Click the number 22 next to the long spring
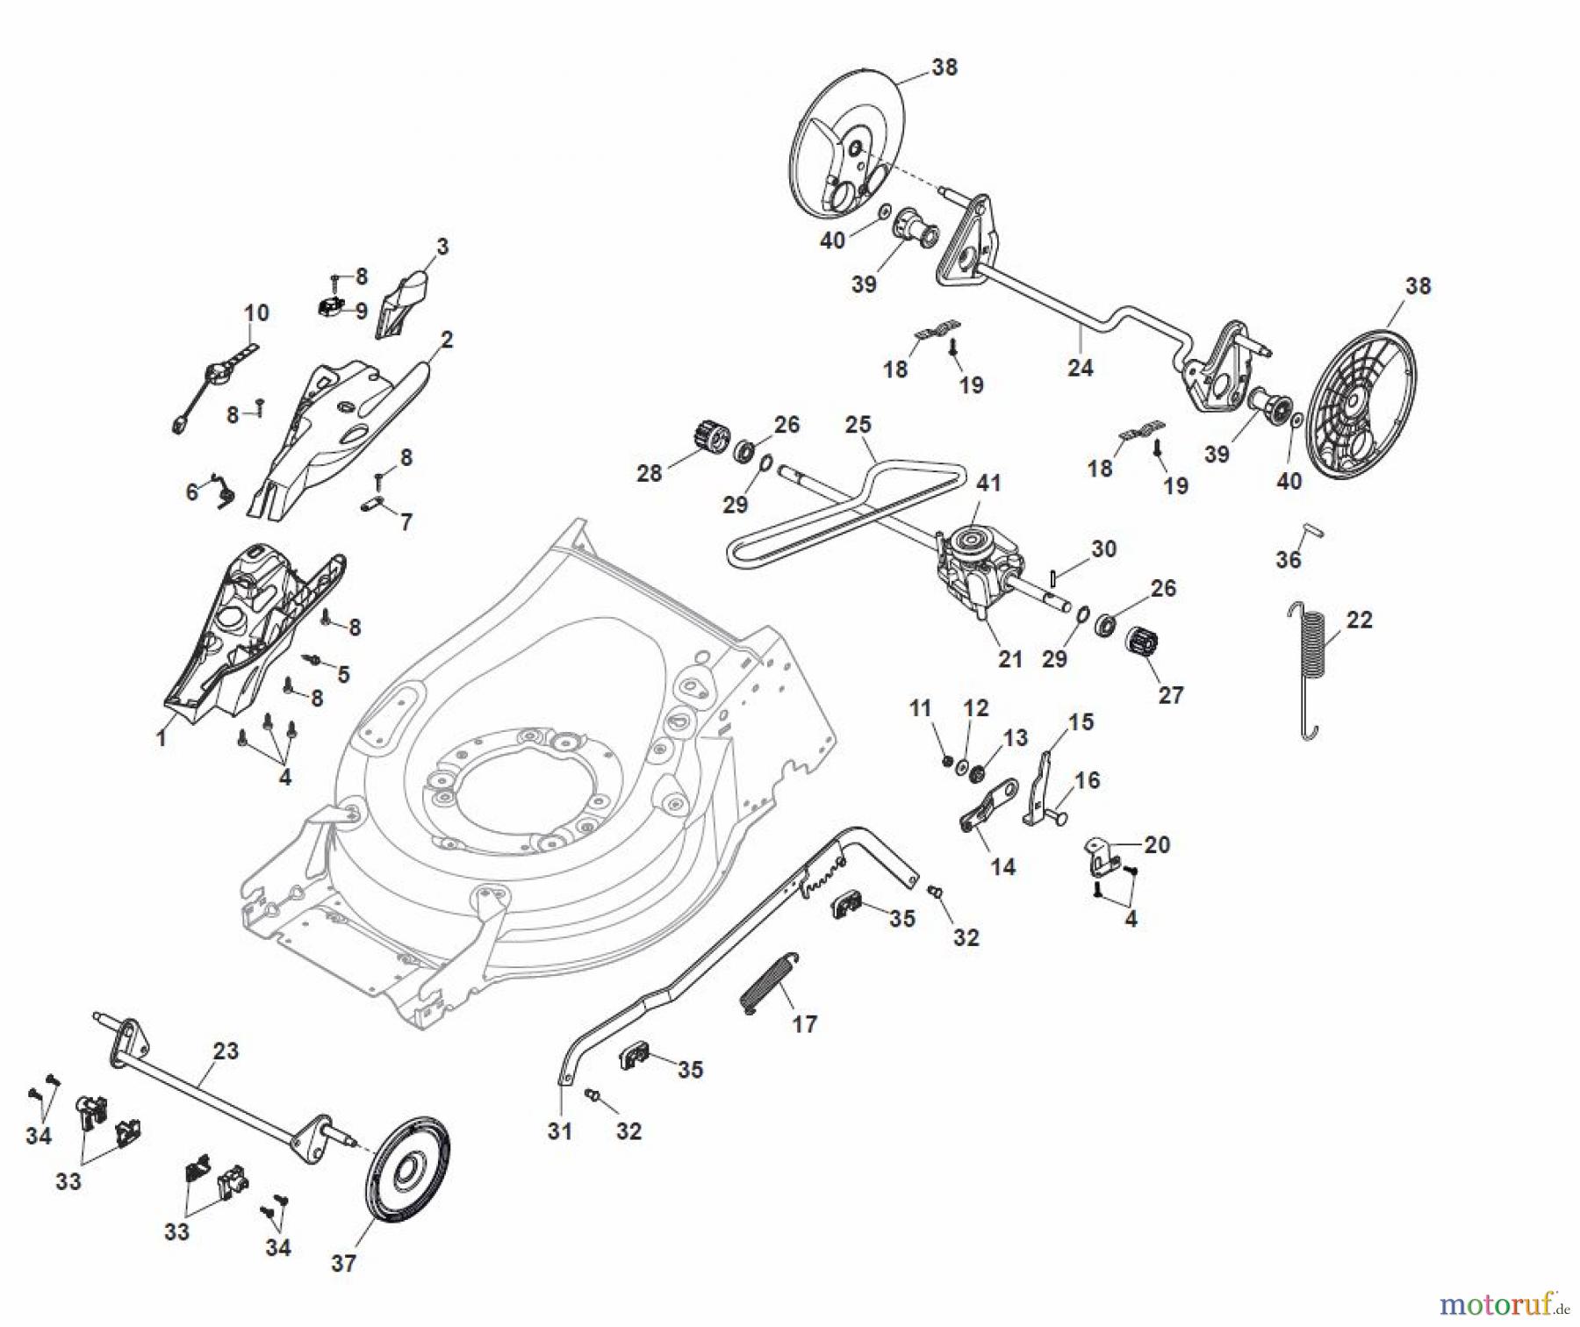pos(1359,620)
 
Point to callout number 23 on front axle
pos(226,1050)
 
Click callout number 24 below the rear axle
pos(1080,368)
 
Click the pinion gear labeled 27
pos(1141,647)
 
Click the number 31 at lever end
pos(559,1131)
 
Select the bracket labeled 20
pos(1101,855)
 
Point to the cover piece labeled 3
pos(401,304)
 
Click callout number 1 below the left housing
pos(161,739)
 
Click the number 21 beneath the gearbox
pos(1010,658)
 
